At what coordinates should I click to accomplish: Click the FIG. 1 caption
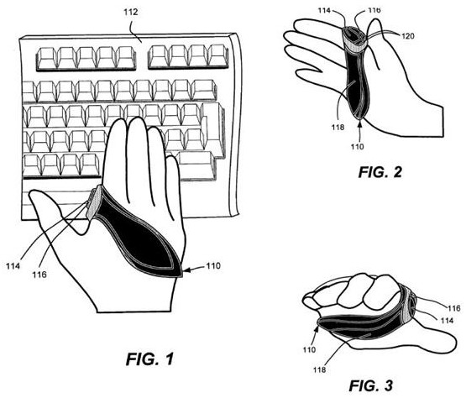coord(149,359)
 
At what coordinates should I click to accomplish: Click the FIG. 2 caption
coord(380,172)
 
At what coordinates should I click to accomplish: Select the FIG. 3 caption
coord(370,385)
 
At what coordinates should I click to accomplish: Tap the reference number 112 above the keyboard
coord(131,13)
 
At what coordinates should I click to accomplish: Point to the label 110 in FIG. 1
coord(213,265)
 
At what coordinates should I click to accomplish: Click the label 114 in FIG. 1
coord(13,265)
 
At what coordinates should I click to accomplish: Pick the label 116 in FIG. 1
coord(39,275)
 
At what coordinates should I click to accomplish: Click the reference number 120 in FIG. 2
coord(408,36)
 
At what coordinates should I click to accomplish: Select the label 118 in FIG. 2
coord(338,128)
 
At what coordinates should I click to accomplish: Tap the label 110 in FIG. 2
coord(357,147)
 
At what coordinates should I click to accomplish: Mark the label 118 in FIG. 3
coord(319,369)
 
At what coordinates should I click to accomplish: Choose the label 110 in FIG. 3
coord(309,349)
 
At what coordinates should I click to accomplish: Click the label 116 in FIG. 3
coord(454,308)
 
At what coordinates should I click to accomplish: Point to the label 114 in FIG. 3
coord(447,321)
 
